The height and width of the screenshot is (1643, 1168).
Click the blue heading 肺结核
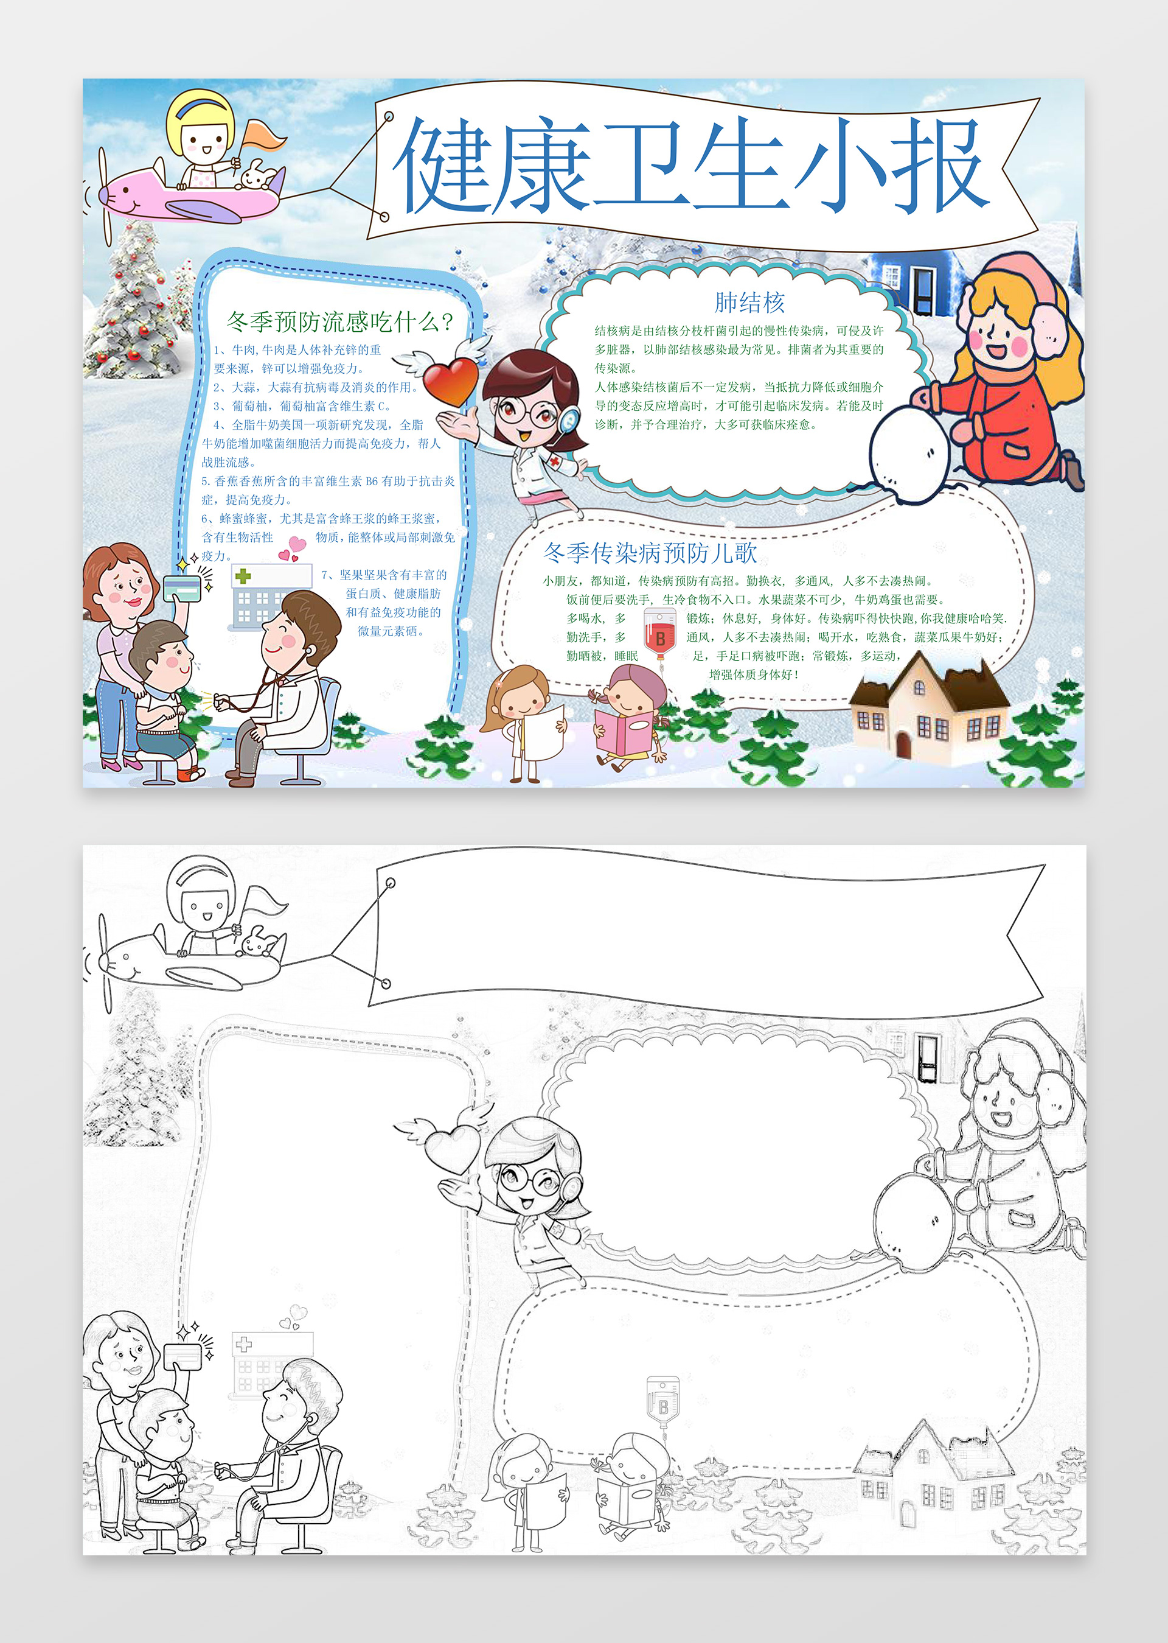point(749,303)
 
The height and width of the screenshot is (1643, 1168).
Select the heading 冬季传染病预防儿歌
point(650,553)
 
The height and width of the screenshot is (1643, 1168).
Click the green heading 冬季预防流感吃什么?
point(340,321)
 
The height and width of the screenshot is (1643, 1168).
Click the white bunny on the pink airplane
point(255,175)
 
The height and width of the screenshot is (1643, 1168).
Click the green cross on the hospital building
point(243,576)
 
